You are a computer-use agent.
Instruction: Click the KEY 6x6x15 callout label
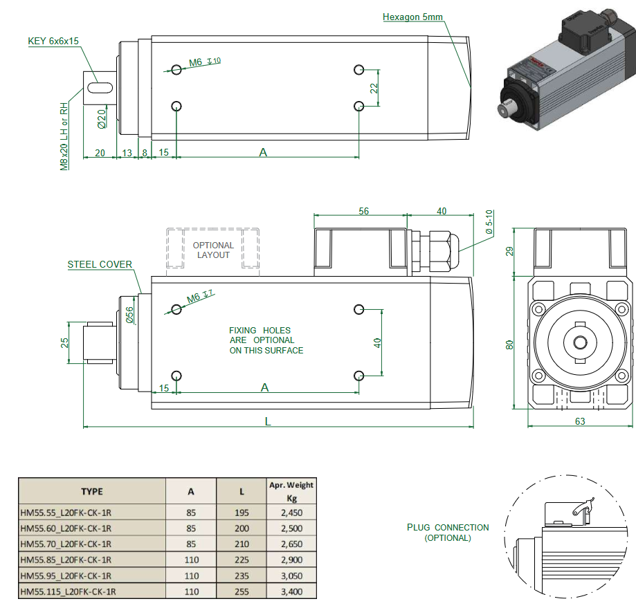coord(53,41)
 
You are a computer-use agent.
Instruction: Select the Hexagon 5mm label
coord(412,17)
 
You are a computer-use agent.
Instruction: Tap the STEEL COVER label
coord(100,264)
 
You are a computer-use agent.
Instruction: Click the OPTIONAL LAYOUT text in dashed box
coord(213,250)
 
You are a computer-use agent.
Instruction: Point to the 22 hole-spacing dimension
coord(374,88)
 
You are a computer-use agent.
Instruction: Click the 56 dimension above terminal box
coord(363,211)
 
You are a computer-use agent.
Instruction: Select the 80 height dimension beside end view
coord(510,344)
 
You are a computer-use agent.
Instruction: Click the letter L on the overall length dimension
coord(268,421)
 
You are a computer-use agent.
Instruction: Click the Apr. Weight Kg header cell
coord(291,491)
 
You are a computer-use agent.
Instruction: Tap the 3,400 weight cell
coord(291,591)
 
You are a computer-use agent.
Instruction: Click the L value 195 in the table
coord(242,513)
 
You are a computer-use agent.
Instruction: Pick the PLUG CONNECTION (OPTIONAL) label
coord(448,532)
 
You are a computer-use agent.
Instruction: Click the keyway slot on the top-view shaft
coord(100,87)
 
